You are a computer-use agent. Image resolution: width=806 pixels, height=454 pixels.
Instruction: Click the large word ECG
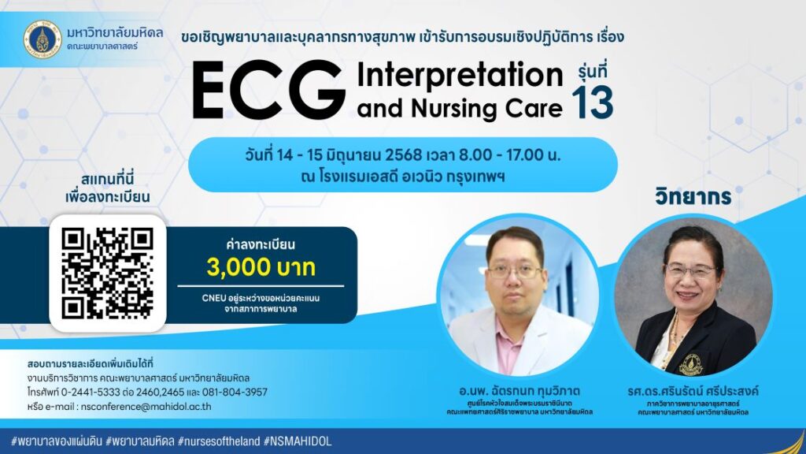pos(268,91)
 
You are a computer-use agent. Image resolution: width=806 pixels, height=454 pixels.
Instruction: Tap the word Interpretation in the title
pos(460,76)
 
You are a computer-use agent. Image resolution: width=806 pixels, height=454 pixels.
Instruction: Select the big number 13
pos(592,103)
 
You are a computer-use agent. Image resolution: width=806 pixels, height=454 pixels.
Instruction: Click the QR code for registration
pos(107,273)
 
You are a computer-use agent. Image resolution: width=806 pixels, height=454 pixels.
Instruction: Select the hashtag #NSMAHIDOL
pos(298,441)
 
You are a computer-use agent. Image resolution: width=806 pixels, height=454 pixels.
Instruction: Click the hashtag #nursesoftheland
pos(219,441)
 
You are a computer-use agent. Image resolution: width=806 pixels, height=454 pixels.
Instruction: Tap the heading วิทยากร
pos(693,196)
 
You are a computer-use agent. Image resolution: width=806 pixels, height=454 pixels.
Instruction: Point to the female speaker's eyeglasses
pos(692,270)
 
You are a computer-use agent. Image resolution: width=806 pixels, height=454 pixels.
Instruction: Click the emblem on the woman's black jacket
pos(690,364)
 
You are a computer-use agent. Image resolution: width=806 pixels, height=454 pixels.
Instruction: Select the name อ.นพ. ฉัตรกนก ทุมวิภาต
pos(514,392)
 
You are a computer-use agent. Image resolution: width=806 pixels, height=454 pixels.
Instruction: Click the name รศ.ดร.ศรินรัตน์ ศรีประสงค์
pos(692,392)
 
